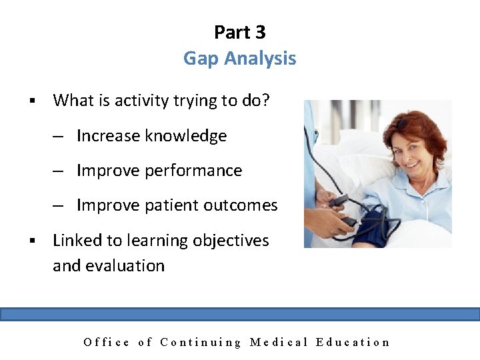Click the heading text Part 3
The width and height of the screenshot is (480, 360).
click(x=240, y=32)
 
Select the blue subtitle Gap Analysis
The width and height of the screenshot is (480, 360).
click(x=240, y=59)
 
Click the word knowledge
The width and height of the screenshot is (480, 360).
click(x=186, y=136)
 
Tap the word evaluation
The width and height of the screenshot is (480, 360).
click(x=127, y=265)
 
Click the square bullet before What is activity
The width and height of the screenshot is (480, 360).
click(x=31, y=101)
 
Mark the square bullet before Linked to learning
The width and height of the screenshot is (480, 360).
click(x=31, y=241)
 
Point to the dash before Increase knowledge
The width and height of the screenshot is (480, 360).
click(x=59, y=137)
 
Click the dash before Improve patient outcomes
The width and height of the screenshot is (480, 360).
click(x=59, y=206)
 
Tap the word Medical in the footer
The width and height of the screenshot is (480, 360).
click(x=279, y=342)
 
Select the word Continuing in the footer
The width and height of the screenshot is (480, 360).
click(x=201, y=342)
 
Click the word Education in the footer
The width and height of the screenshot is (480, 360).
click(x=353, y=342)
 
